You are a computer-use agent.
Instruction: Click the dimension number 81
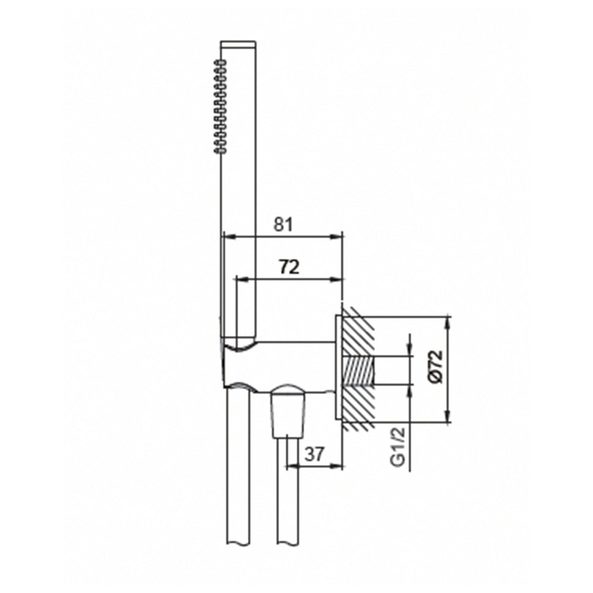(x=283, y=225)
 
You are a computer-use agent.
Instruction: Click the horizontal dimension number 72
(x=289, y=267)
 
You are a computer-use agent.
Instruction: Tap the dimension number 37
(x=313, y=453)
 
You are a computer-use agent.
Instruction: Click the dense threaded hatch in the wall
(x=357, y=370)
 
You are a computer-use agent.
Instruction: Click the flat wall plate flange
(x=338, y=368)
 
